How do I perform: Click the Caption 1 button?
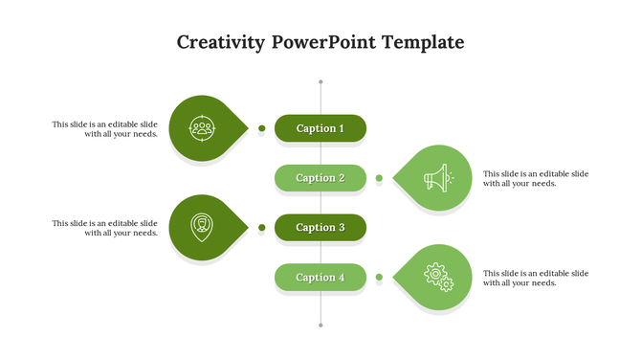point(320,128)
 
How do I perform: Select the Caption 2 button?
point(320,178)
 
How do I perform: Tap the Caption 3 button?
point(320,228)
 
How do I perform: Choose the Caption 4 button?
point(320,278)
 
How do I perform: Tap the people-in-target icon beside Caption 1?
point(202,127)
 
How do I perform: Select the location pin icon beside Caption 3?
point(202,227)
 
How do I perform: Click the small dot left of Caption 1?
point(261,128)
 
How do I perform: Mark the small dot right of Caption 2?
point(379,178)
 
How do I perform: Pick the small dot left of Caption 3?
point(261,228)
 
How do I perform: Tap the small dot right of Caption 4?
point(379,278)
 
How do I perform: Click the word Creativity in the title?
point(221,43)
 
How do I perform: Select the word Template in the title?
point(423,43)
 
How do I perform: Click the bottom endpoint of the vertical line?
point(320,326)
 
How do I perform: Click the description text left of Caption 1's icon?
point(105,128)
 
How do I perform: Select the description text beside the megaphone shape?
point(536,178)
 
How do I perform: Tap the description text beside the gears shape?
point(536,278)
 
